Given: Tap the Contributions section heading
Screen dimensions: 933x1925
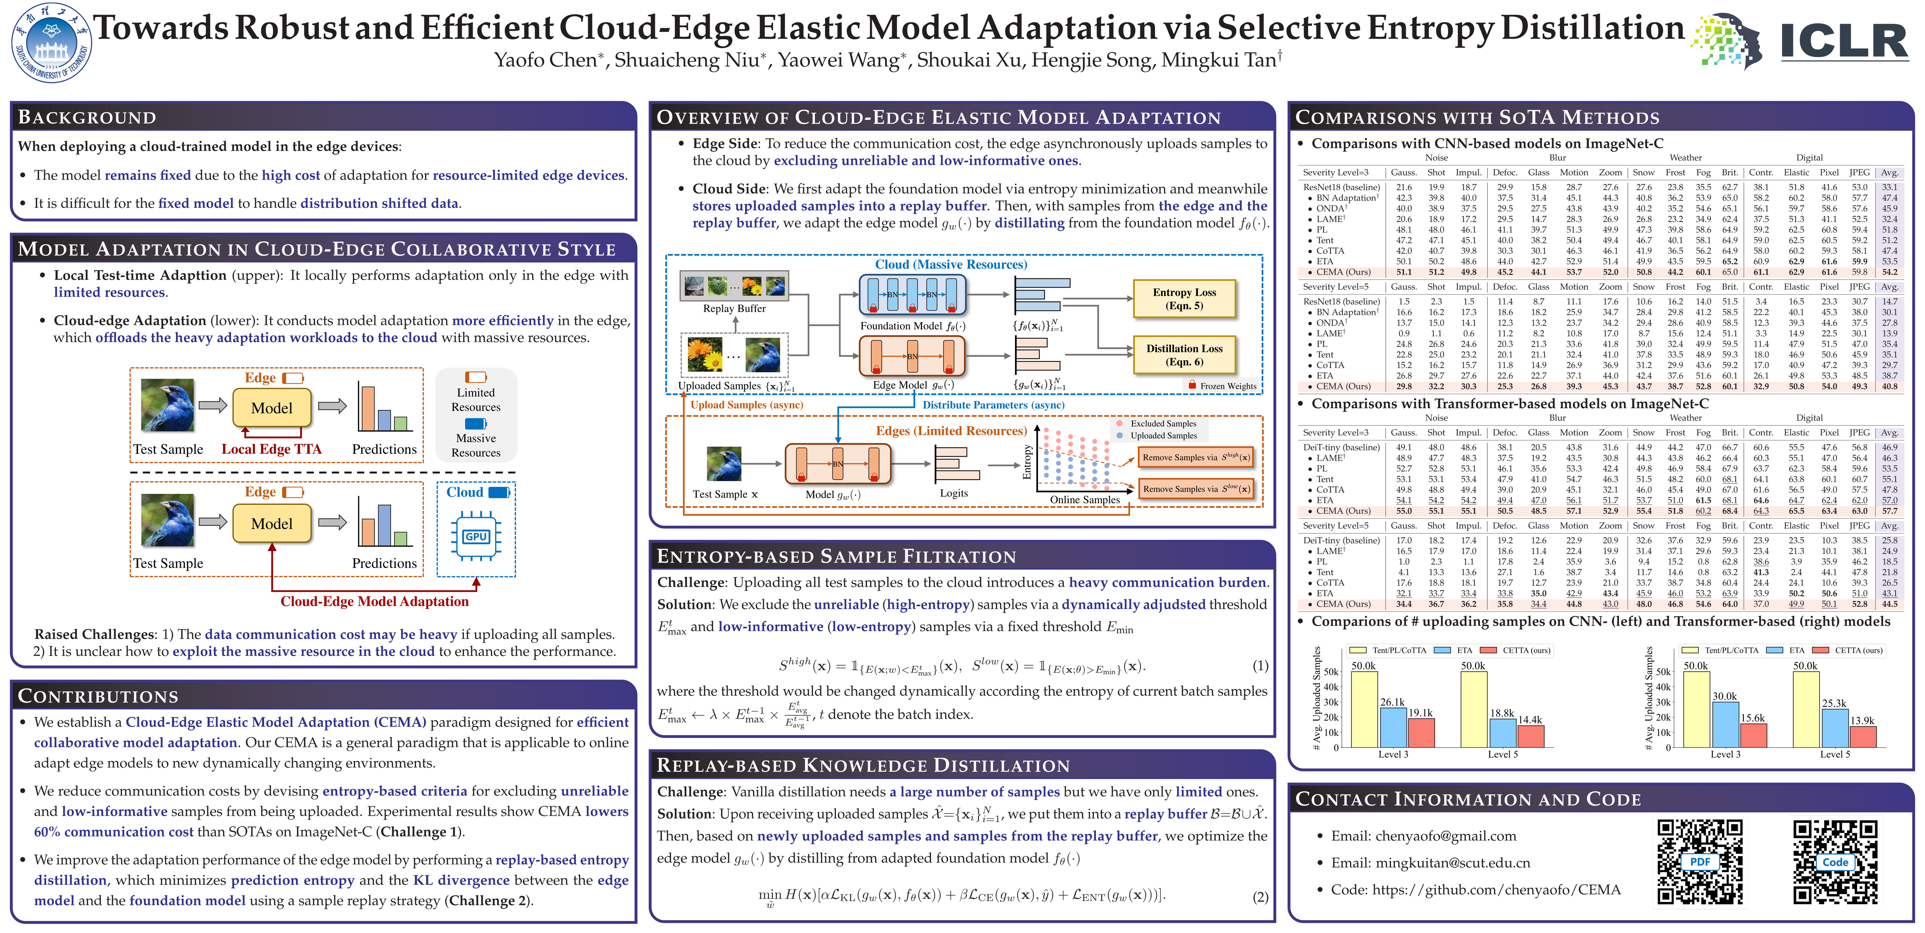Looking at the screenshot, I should point(98,696).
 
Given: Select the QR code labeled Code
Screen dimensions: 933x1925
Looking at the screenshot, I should point(1835,861).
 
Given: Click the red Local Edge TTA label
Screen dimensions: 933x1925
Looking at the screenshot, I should point(271,449).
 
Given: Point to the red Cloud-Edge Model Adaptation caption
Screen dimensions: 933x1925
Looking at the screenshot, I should point(374,601).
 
